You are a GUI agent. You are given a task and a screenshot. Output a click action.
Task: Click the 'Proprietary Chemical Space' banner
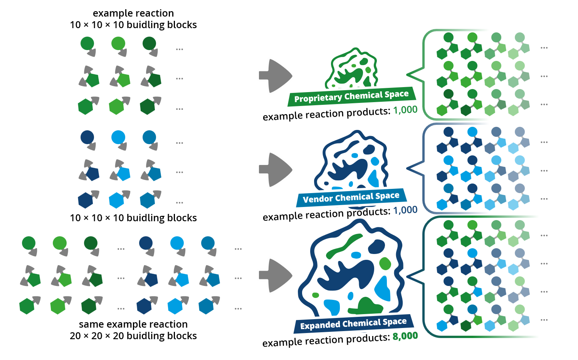point(352,96)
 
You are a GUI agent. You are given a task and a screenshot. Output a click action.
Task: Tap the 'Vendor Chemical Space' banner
point(351,197)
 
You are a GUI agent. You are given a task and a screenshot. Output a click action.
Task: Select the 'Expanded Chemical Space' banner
point(354,324)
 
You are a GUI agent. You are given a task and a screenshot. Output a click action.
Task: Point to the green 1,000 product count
point(405,110)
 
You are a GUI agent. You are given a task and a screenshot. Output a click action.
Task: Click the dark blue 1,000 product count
point(405,210)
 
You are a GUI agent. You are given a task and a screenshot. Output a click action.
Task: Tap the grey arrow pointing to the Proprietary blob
point(276,76)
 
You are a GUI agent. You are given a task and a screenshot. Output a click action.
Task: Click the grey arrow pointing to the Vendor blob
point(276,170)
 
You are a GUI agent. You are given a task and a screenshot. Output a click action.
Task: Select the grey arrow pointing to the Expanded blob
point(276,275)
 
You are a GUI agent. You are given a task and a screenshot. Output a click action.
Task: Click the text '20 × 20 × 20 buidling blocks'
point(133,336)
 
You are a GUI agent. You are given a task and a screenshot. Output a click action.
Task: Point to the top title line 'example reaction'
point(133,13)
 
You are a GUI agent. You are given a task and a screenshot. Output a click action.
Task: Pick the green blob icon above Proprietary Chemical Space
point(351,67)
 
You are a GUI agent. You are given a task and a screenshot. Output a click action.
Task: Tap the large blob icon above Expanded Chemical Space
point(351,268)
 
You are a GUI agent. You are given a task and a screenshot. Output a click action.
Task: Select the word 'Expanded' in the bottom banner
point(320,325)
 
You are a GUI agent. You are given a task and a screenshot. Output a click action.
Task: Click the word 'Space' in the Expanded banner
point(395,322)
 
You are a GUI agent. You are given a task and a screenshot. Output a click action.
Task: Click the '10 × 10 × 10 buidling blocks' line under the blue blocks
point(133,218)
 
